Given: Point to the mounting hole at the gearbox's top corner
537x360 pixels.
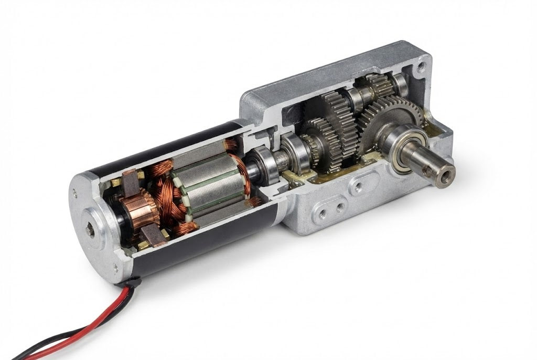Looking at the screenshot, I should tap(420, 67).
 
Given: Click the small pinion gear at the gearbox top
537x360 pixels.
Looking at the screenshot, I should tap(375, 84).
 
